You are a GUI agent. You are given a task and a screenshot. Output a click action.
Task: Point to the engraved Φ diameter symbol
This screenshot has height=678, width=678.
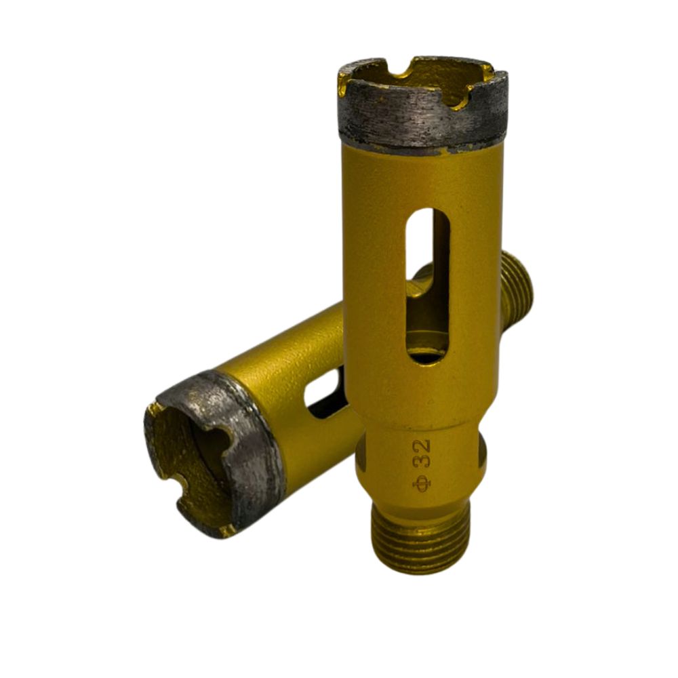[x=421, y=483]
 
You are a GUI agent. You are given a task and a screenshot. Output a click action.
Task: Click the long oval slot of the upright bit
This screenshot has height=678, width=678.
[x=428, y=285]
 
